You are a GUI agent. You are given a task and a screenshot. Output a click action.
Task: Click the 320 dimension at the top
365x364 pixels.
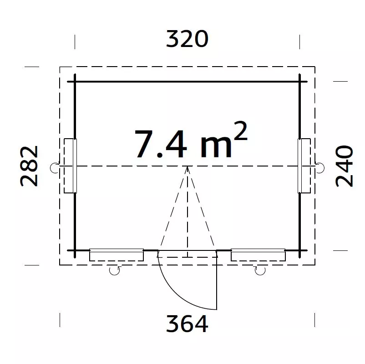(x=187, y=39)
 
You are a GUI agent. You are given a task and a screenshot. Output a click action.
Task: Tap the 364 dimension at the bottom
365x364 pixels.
(x=187, y=323)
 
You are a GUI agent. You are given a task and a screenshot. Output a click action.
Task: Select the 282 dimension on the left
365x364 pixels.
(x=29, y=166)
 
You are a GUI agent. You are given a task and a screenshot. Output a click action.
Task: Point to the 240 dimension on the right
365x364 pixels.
(x=344, y=166)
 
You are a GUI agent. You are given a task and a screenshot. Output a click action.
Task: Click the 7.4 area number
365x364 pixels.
(x=161, y=144)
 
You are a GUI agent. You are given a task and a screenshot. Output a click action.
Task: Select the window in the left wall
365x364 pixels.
(x=70, y=166)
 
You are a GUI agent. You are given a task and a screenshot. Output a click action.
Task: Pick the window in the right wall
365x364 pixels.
(x=304, y=166)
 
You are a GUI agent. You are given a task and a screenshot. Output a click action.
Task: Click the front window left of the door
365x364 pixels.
(x=117, y=255)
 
